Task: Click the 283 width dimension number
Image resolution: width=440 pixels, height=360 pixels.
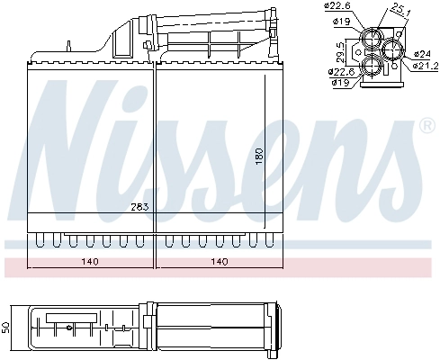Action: tap(139, 207)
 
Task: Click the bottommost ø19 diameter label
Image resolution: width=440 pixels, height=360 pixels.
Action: tap(341, 83)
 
